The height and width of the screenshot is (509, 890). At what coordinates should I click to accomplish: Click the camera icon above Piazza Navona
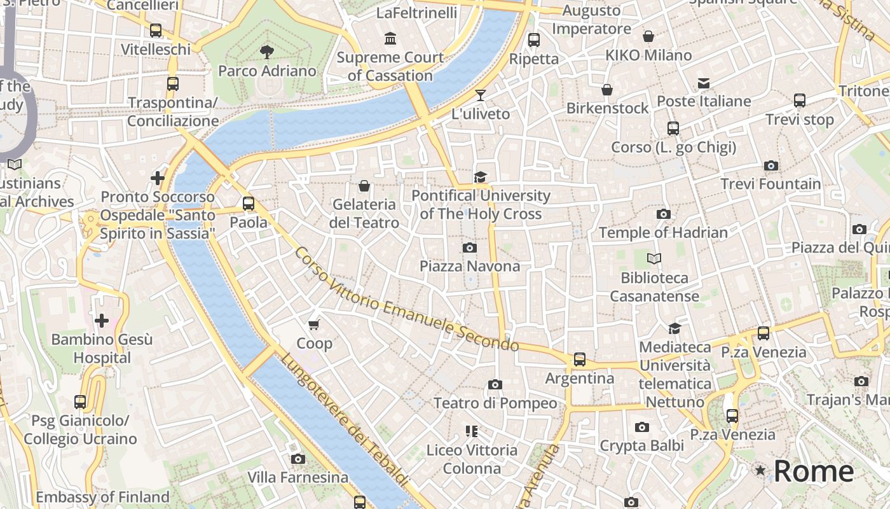[470, 248]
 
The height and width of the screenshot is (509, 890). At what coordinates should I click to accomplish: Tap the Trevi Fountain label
[770, 184]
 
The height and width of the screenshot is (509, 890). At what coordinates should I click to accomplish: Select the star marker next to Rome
[760, 471]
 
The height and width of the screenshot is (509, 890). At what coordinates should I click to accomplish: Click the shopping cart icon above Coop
[313, 325]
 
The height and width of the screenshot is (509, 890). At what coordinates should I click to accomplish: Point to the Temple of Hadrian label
[663, 232]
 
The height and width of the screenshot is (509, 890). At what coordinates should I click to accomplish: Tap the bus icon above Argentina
[580, 359]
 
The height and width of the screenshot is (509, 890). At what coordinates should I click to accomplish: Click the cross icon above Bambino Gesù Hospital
[101, 321]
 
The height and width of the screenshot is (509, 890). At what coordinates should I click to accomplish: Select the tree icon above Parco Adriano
[267, 52]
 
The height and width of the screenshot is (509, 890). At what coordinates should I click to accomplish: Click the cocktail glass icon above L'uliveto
[481, 95]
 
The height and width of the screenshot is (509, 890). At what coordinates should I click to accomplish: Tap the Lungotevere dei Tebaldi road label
[343, 420]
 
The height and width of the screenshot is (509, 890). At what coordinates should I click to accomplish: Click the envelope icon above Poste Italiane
[704, 83]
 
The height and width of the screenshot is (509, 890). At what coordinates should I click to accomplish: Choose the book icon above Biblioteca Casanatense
[654, 259]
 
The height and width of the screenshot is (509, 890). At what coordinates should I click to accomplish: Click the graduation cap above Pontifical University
[480, 177]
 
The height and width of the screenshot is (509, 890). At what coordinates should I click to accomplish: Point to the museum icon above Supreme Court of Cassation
[390, 39]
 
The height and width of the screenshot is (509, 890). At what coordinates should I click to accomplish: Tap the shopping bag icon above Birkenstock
[607, 90]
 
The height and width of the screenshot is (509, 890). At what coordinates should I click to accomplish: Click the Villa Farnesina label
[298, 477]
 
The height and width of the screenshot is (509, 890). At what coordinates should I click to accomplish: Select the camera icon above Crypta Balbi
[642, 427]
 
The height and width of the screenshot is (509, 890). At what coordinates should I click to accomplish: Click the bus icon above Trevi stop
[800, 101]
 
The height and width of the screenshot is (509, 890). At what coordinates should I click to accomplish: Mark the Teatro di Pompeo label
[495, 403]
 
